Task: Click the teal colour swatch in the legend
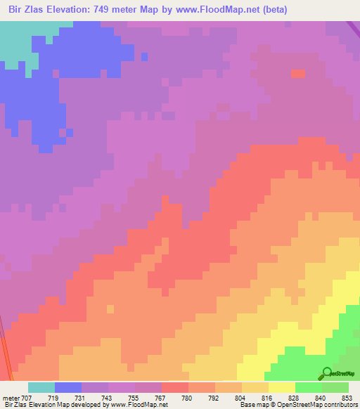41,387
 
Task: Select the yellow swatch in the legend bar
281,387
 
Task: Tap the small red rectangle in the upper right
298,74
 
